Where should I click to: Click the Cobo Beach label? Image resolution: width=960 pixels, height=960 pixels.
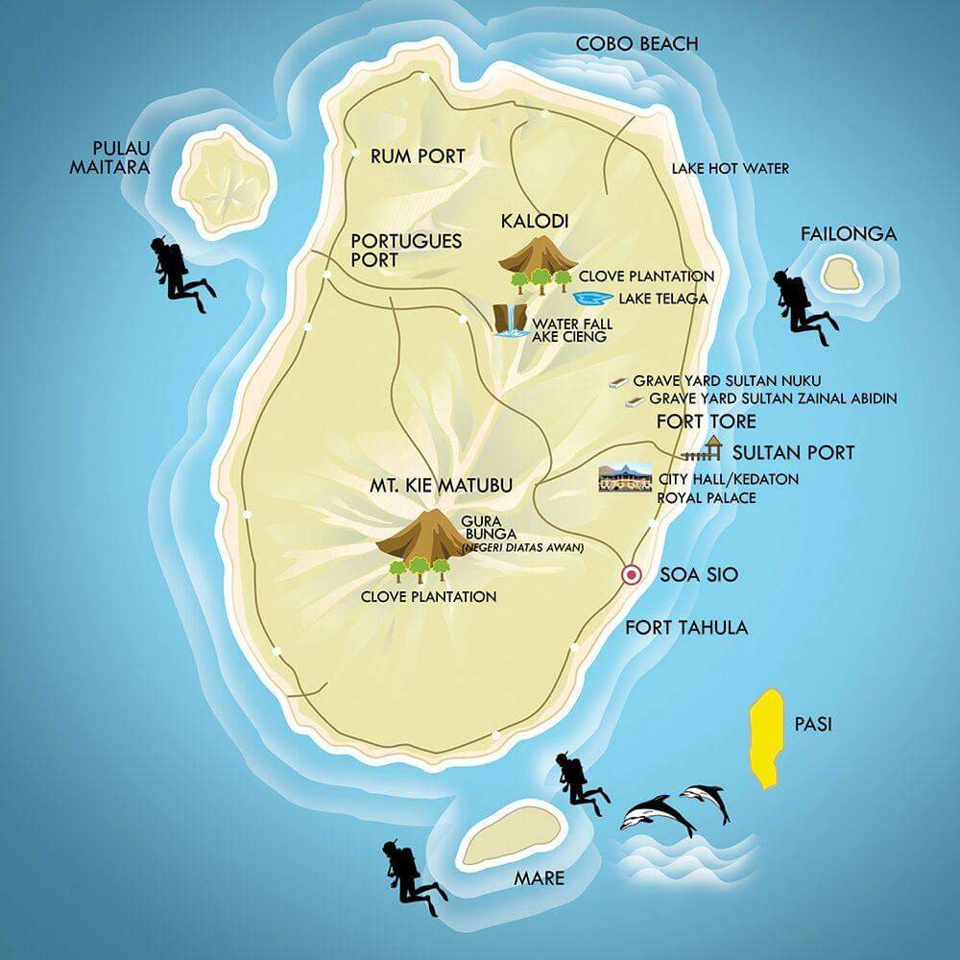tap(636, 43)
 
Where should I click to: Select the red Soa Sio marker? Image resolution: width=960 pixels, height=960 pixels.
tap(631, 575)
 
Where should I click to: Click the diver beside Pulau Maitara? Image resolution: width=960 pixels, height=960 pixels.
tap(178, 271)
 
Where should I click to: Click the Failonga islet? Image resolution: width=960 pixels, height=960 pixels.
tap(842, 275)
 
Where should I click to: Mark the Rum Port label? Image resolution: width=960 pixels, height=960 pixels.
tap(418, 156)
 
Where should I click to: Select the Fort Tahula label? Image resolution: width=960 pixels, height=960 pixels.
tap(686, 628)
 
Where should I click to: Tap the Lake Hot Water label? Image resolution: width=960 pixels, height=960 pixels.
tap(730, 168)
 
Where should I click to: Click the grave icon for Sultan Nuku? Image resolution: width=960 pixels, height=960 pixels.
tap(618, 382)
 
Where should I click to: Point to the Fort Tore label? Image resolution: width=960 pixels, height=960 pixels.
tap(706, 421)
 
